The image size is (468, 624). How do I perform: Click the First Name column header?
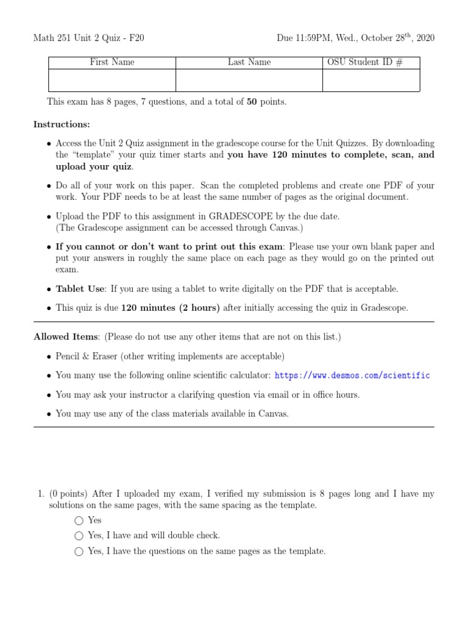tap(112, 62)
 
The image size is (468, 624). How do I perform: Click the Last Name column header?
tap(249, 62)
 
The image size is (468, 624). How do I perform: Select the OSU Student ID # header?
tap(370, 62)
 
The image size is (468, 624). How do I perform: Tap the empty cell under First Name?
tap(112, 80)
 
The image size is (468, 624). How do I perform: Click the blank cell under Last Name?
tap(249, 80)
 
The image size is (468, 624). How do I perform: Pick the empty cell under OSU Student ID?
tap(370, 80)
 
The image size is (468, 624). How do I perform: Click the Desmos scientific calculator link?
tap(352, 375)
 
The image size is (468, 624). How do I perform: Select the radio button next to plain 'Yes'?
tap(79, 520)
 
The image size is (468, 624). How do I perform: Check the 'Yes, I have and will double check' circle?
tap(79, 536)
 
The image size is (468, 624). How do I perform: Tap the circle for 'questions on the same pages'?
tap(79, 551)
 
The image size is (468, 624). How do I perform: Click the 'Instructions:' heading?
tap(62, 124)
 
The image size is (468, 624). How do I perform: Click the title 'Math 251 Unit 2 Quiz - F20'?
tap(88, 38)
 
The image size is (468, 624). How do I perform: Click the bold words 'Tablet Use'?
tap(80, 288)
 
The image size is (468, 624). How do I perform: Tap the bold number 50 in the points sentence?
tap(252, 102)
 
